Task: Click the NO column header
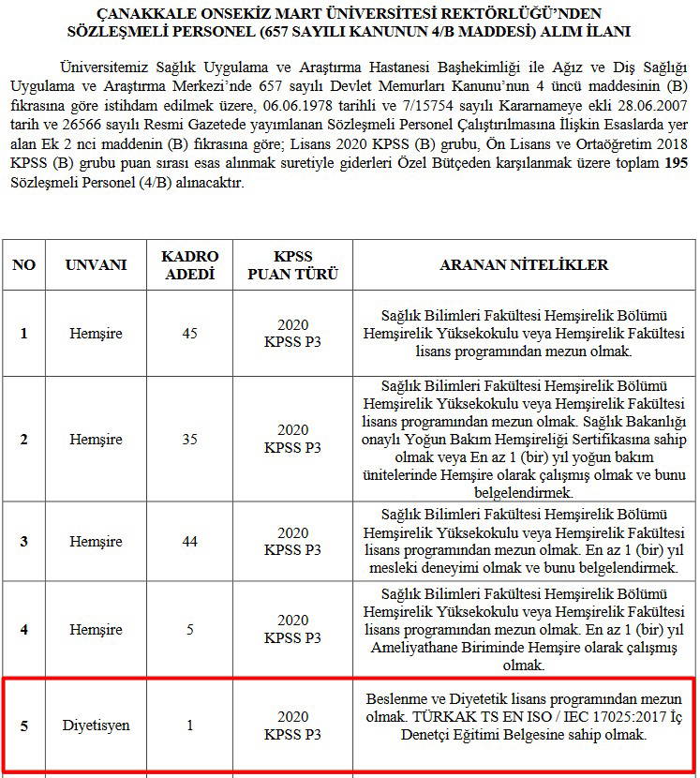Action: coord(23,264)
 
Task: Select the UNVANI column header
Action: coord(96,264)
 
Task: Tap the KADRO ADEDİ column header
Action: coord(189,264)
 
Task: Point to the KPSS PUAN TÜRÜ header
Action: coord(292,264)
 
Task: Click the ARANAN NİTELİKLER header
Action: coord(524,264)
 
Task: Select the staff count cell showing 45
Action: coord(189,334)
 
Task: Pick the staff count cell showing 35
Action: coord(189,439)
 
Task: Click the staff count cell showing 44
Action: coord(189,542)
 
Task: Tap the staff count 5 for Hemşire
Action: coord(189,629)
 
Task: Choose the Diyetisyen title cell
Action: coord(96,726)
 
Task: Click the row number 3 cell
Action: coord(23,542)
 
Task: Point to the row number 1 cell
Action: coord(23,334)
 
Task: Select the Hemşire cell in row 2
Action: coord(96,439)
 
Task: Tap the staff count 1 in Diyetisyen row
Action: coord(189,726)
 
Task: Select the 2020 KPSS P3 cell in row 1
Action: coord(292,334)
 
